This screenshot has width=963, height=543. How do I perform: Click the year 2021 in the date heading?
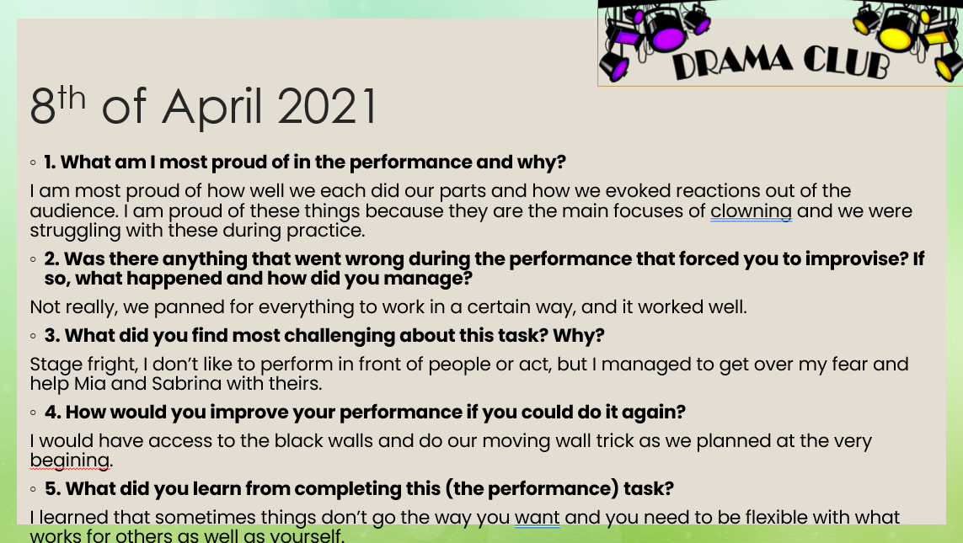(x=327, y=106)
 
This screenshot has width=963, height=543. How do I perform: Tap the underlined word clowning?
(x=751, y=211)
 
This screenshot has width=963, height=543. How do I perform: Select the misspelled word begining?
(x=70, y=460)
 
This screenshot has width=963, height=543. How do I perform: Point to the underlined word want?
(x=537, y=517)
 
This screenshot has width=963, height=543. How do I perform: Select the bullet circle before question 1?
(x=33, y=162)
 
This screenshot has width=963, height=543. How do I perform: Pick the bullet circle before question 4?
(x=33, y=413)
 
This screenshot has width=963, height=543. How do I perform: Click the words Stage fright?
(x=83, y=365)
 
